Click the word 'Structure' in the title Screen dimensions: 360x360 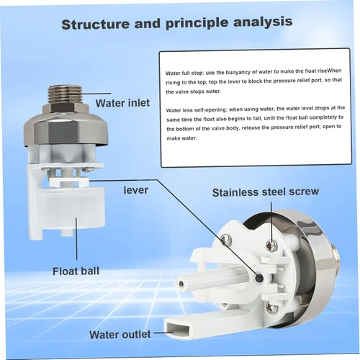[96, 24]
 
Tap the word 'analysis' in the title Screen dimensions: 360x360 [263, 22]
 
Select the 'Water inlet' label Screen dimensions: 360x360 [122, 103]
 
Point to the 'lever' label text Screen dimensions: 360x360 [136, 190]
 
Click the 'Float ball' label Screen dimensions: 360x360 [76, 271]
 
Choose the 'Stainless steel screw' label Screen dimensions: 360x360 [266, 192]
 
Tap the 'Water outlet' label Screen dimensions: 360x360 [120, 335]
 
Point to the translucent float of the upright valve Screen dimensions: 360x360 [72, 207]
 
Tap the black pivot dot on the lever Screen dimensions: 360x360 [259, 278]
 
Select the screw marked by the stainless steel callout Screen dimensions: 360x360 [271, 245]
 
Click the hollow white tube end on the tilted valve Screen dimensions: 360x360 [181, 284]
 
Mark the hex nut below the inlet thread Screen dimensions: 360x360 [66, 110]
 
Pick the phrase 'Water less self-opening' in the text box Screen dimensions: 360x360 [197, 110]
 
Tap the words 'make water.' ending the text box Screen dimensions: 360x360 [181, 138]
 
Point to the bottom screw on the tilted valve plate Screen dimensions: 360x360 [271, 307]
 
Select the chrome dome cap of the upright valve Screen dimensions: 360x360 [66, 130]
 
